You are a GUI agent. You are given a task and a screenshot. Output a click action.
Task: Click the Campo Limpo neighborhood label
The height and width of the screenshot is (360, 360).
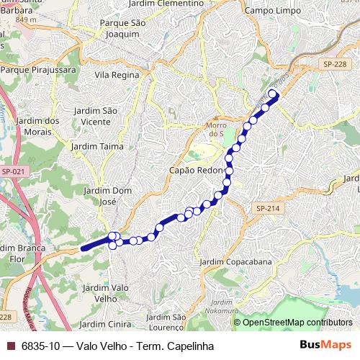click(x=274, y=11)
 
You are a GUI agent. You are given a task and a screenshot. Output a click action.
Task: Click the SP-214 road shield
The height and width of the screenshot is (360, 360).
click(x=266, y=208)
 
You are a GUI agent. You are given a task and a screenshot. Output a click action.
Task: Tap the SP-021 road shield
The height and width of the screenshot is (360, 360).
click(x=12, y=171)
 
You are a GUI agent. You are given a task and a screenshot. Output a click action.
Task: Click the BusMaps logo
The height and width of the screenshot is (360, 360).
click(x=325, y=346)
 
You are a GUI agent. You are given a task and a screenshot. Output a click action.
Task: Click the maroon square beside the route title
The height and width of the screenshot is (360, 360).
click(x=9, y=346)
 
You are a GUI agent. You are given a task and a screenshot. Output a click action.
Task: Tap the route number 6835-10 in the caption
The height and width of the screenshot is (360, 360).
click(x=40, y=346)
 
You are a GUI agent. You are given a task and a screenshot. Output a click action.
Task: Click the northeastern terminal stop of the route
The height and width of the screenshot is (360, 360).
click(x=273, y=93)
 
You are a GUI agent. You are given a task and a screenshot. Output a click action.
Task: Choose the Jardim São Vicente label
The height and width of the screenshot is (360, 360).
click(x=96, y=115)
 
